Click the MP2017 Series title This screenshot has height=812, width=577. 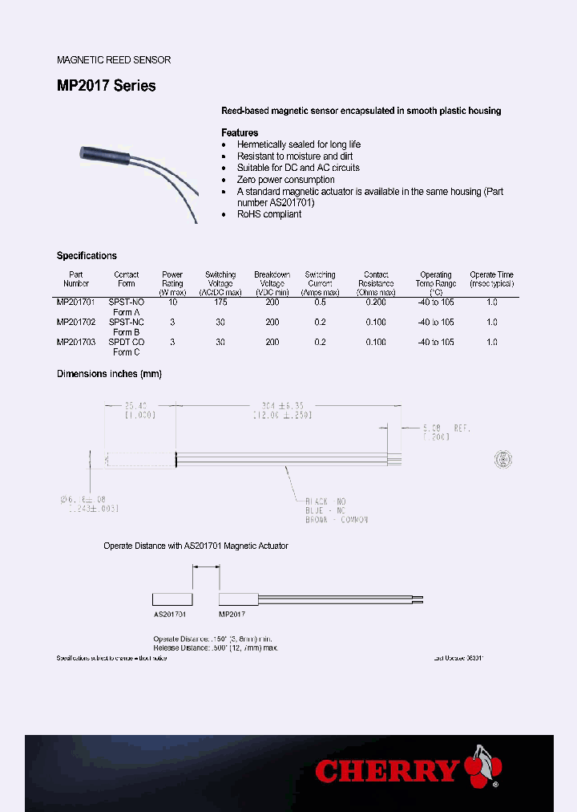click(x=107, y=86)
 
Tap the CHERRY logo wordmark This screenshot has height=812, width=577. click(x=388, y=771)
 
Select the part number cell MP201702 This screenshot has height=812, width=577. click(x=76, y=322)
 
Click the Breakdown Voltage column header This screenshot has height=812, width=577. click(x=272, y=283)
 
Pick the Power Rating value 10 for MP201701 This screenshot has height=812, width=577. click(x=172, y=302)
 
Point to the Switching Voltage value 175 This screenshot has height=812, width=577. click(x=220, y=302)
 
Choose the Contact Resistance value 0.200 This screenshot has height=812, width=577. click(x=376, y=302)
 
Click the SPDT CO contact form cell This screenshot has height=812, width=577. click(x=127, y=342)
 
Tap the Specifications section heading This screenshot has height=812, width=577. click(x=87, y=256)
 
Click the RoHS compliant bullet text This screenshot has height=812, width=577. click(x=269, y=214)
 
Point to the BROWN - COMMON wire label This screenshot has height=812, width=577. click(x=337, y=520)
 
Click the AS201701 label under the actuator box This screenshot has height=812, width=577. click(x=170, y=614)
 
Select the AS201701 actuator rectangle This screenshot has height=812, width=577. click(x=173, y=599)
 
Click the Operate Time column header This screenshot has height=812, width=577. click(x=491, y=278)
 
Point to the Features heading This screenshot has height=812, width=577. click(x=240, y=132)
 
